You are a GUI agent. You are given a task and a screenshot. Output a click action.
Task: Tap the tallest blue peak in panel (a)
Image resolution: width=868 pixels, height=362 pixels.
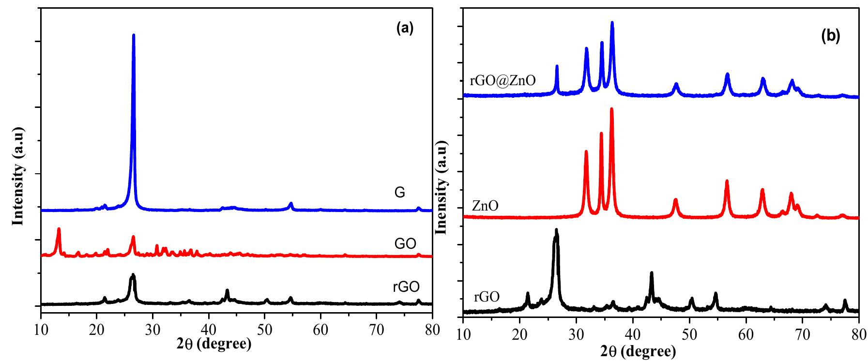click(134, 36)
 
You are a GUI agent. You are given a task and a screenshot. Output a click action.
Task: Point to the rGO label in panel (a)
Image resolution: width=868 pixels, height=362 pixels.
click(406, 287)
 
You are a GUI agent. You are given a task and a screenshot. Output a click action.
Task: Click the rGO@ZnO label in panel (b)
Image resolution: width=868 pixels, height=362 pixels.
click(502, 80)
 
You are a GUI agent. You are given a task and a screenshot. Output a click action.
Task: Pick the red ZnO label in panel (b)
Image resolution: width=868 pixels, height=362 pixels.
click(485, 207)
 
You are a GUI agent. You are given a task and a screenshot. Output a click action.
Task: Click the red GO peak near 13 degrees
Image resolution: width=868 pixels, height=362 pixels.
click(59, 229)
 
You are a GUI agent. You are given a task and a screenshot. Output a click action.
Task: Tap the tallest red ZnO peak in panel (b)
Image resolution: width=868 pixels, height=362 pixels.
click(611, 109)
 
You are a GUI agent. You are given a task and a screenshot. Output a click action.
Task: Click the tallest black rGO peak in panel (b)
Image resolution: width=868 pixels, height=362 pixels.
click(556, 230)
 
